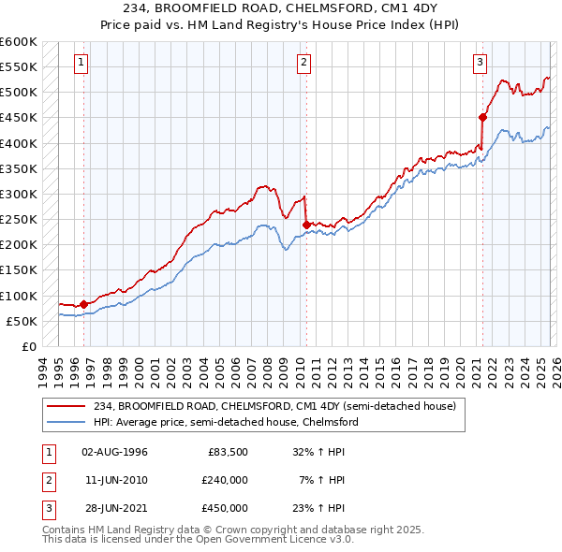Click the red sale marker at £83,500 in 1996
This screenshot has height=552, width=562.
tap(84, 304)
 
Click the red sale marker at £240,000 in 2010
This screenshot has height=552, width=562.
tap(306, 225)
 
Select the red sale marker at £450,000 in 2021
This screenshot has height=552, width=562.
tap(483, 117)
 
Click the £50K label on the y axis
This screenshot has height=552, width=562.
tap(22, 321)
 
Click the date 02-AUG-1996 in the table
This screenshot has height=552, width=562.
tap(115, 452)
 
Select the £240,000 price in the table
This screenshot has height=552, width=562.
tap(225, 480)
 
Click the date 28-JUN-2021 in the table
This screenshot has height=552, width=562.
tap(115, 508)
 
